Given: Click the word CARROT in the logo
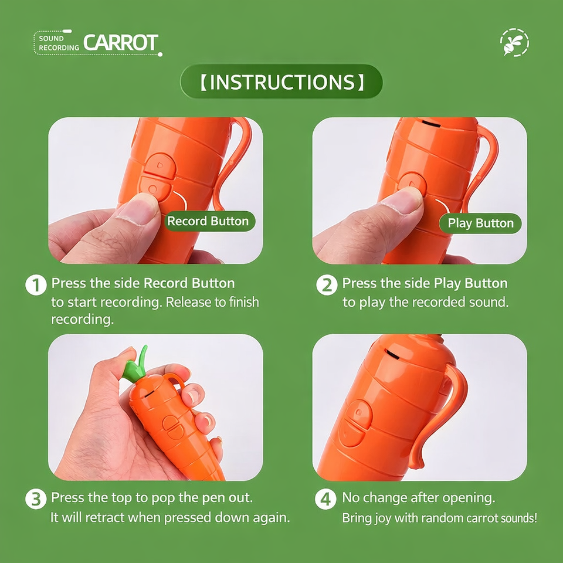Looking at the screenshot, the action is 121,42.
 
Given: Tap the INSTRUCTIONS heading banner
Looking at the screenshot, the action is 281,82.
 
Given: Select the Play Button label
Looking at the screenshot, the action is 480,223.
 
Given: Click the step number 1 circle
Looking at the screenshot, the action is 36,285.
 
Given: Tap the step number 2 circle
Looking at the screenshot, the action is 327,285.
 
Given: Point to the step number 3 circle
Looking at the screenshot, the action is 36,498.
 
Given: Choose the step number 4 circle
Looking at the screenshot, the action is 325,498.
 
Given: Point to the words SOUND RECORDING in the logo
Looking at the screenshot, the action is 59,43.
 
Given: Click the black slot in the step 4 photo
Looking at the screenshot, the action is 392,354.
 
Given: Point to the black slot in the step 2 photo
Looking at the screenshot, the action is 431,124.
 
